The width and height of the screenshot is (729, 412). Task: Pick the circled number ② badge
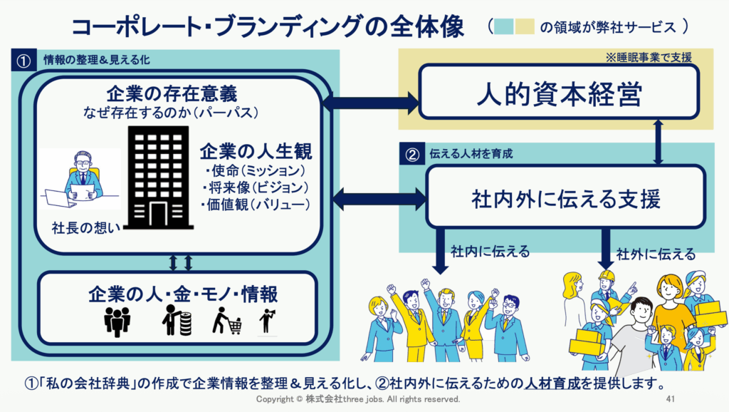412,153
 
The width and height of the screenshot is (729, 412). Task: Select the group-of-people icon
118,321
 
